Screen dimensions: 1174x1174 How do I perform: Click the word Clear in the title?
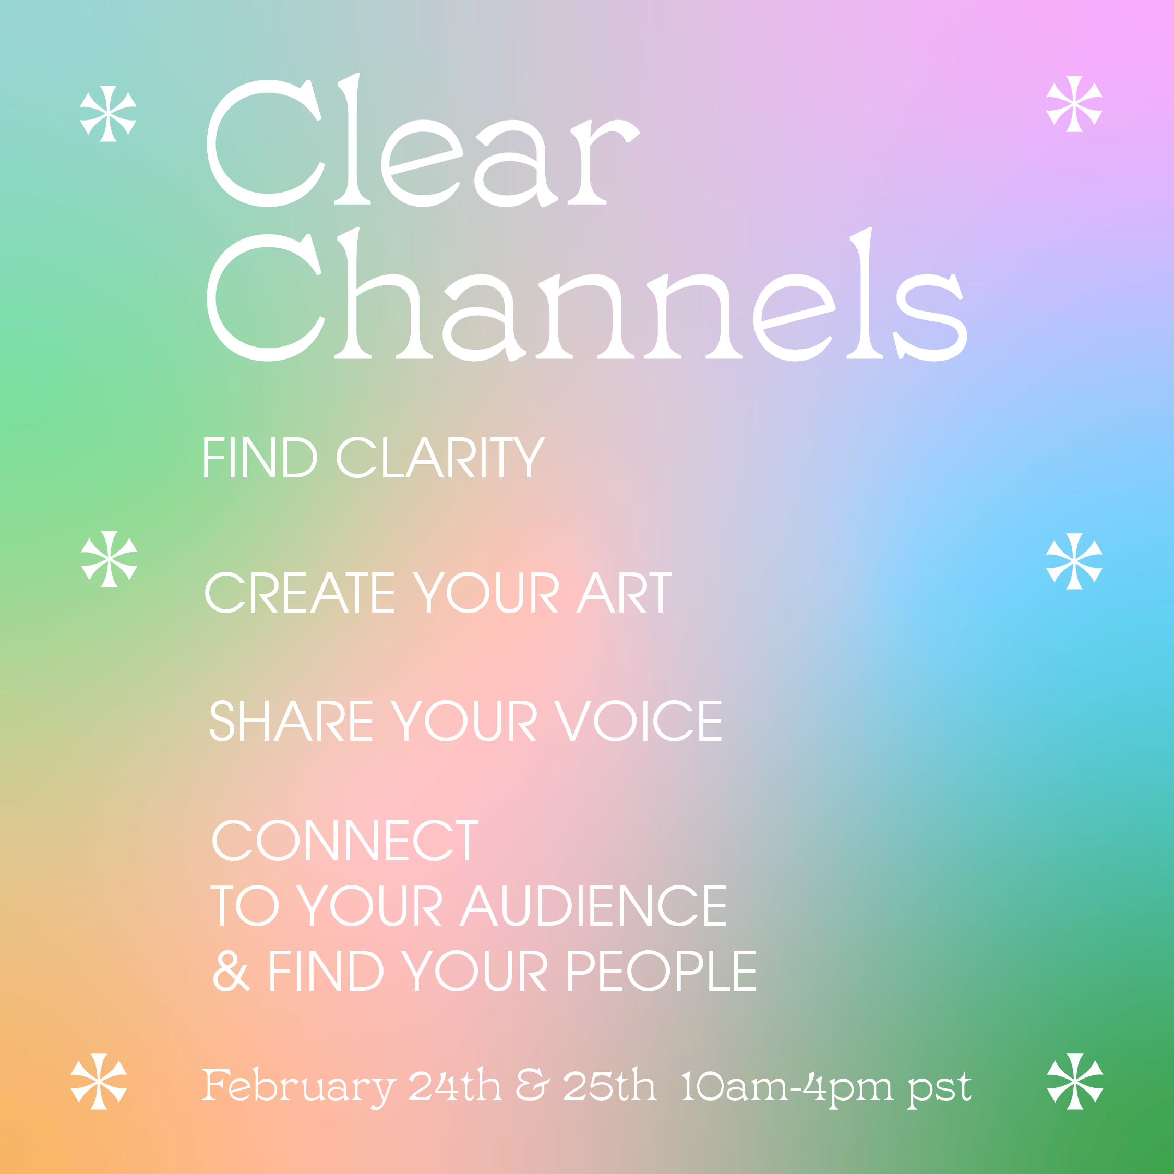tap(423, 140)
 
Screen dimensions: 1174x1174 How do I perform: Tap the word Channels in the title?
tap(587, 295)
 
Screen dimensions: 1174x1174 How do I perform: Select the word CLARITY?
tap(441, 458)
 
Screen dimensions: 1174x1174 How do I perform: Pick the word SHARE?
tap(291, 721)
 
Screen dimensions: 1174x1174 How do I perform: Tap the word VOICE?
tap(639, 721)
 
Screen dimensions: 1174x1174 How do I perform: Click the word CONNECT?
tap(345, 841)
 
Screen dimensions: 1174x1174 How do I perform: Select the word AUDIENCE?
tap(594, 905)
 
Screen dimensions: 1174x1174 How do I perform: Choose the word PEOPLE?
tap(662, 971)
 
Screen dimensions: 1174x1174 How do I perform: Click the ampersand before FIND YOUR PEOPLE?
tap(231, 971)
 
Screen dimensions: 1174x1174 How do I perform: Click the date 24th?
tap(454, 1085)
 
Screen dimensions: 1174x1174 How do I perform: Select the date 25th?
tap(609, 1085)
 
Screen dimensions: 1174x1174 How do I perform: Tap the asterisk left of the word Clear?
tap(108, 114)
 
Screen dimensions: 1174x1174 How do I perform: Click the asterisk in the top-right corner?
tap(1074, 104)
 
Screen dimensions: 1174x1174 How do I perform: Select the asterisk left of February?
tap(99, 1082)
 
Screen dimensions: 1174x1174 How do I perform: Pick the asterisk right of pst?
tap(1075, 1082)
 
